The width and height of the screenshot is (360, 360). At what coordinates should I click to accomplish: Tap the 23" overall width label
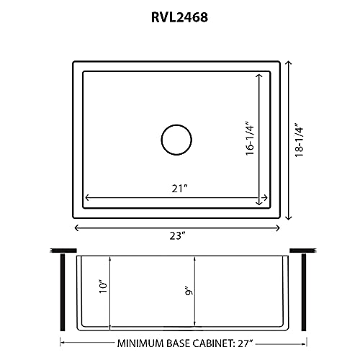[179, 235]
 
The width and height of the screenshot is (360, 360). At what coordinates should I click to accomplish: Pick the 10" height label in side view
[103, 287]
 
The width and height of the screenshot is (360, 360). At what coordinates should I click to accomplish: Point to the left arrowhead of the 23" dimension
[76, 227]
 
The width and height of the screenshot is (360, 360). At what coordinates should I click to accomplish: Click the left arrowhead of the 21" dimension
[87, 197]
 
